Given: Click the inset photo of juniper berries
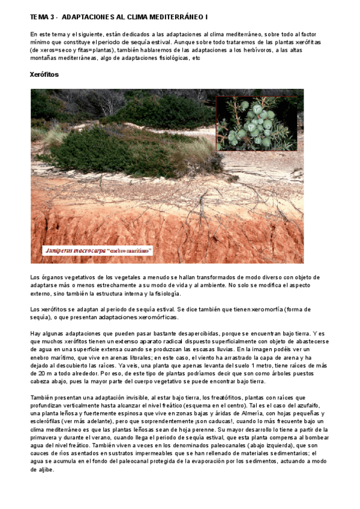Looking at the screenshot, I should tap(256, 122).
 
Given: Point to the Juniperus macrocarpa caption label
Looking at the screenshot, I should tap(98, 250).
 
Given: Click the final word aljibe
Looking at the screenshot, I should tap(42, 470).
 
